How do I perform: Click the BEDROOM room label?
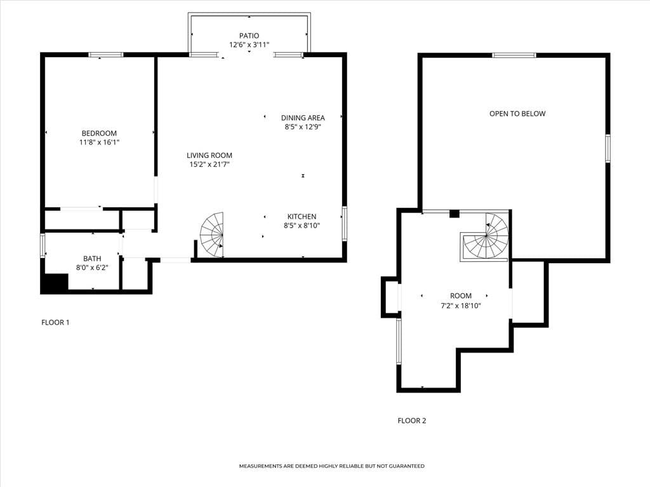pos(99,133)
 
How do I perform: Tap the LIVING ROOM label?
pos(209,155)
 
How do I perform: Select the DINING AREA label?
pos(303,117)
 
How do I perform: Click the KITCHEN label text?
pos(302,216)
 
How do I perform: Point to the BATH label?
pos(92,259)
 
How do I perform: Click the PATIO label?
pos(249,36)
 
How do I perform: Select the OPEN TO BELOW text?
pos(517,114)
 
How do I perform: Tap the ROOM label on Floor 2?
pos(461,295)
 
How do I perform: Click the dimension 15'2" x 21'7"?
pos(209,165)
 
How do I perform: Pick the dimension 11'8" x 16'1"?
pos(99,143)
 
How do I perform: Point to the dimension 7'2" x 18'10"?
pos(461,306)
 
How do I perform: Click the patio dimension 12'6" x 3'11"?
pos(249,45)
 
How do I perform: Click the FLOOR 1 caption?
pos(55,322)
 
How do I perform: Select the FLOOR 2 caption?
pos(411,420)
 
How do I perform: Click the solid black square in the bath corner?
pos(55,283)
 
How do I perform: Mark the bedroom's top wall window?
pos(105,55)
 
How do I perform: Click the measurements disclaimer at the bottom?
pos(331,466)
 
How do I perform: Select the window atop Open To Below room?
pos(514,55)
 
